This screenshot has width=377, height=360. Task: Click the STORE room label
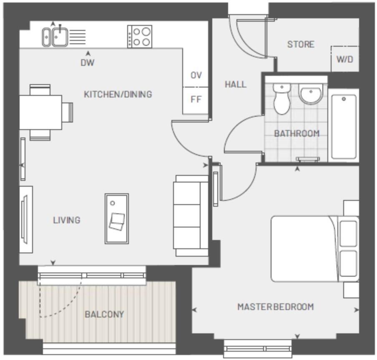(x=300, y=44)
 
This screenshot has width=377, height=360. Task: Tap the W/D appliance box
(x=344, y=59)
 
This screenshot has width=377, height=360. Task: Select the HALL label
(x=236, y=84)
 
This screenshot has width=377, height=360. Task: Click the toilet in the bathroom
(x=282, y=98)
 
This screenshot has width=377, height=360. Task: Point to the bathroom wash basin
(x=310, y=95)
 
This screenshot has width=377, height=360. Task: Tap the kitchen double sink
(x=55, y=36)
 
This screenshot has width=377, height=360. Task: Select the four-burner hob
(x=140, y=36)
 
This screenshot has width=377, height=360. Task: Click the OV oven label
(x=196, y=75)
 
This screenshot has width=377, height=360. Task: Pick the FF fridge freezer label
(x=196, y=100)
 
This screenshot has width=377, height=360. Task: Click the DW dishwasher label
(x=88, y=63)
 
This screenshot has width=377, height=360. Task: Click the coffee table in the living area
(x=116, y=219)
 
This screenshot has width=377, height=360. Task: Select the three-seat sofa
(x=191, y=215)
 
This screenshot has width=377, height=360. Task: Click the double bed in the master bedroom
(x=309, y=249)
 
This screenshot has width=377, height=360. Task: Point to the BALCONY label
(x=104, y=314)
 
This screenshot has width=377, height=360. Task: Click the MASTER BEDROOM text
(x=275, y=307)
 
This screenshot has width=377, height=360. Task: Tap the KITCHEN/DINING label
(x=118, y=94)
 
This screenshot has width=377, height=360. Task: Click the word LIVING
(x=67, y=220)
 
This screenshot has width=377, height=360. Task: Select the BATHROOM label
(x=297, y=134)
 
